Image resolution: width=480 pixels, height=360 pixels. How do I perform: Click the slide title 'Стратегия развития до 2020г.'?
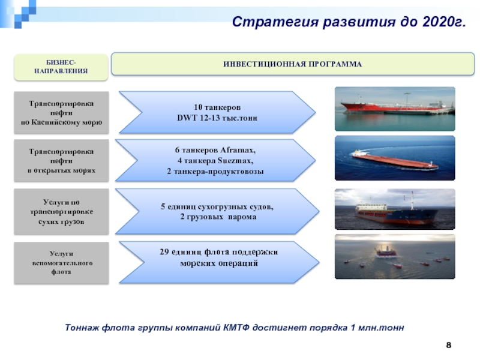coord(349,22)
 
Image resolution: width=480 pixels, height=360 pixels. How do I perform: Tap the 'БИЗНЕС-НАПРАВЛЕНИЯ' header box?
coord(61,67)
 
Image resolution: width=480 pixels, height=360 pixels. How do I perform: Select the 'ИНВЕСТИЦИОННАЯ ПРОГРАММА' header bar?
coord(293,64)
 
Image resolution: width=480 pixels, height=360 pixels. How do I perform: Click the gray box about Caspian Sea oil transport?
coord(61,113)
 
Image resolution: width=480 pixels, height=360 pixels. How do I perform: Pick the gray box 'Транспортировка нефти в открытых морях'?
coord(61,161)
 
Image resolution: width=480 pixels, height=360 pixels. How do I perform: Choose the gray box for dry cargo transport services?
coord(61,212)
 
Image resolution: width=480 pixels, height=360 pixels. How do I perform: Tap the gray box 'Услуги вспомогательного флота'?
coord(61,263)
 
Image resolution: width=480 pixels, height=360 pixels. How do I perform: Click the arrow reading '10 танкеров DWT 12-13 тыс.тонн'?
coord(217,112)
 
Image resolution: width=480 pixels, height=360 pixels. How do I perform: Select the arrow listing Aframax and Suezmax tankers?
coord(215,160)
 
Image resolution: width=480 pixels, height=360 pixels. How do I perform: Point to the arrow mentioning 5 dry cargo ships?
coord(217,211)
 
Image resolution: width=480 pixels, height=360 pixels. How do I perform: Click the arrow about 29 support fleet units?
coord(219,262)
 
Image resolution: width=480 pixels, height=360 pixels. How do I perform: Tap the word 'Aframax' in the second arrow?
coord(237,151)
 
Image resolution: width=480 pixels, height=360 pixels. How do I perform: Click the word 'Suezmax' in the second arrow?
coord(235,161)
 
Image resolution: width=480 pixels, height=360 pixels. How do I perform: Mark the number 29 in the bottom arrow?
coord(164,252)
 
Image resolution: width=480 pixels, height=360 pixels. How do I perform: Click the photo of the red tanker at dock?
coord(395,109)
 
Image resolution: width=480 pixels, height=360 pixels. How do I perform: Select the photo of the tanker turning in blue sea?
coord(395,158)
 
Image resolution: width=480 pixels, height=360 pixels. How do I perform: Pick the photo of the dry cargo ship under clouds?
coord(395,209)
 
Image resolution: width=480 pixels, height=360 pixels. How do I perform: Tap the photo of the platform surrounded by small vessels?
coord(395,257)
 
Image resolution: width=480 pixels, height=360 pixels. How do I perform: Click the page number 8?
coord(448,346)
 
